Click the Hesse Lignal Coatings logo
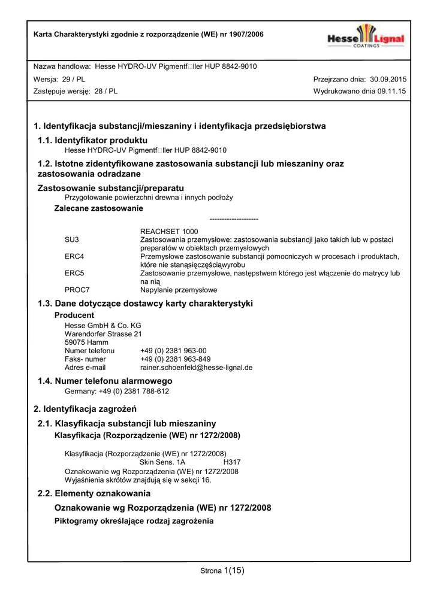(x=365, y=37)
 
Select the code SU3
(x=71, y=239)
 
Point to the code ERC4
(x=74, y=256)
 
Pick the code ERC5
(x=74, y=273)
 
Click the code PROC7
(x=77, y=290)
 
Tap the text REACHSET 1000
(x=169, y=231)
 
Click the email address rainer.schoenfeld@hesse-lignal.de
(x=196, y=368)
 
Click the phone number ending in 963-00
(x=173, y=351)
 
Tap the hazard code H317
(x=231, y=462)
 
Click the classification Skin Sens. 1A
(x=162, y=462)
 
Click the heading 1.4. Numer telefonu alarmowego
(x=105, y=381)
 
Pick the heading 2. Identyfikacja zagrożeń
(x=85, y=409)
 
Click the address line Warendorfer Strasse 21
(x=103, y=334)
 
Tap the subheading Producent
(x=74, y=315)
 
